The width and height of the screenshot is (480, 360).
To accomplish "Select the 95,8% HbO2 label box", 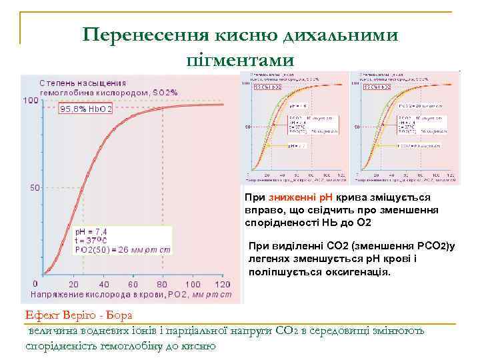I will point(87,108).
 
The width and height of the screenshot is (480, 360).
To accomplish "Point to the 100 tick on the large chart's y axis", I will point(31,100).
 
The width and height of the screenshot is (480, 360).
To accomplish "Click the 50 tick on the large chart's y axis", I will point(35,188).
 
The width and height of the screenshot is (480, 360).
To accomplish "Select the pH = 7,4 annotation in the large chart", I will point(91,231).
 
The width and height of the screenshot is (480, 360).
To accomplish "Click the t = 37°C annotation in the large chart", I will point(91,241).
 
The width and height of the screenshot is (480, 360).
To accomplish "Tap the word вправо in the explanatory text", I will point(261,210).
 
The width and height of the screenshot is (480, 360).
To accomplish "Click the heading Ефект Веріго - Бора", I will point(79,315).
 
